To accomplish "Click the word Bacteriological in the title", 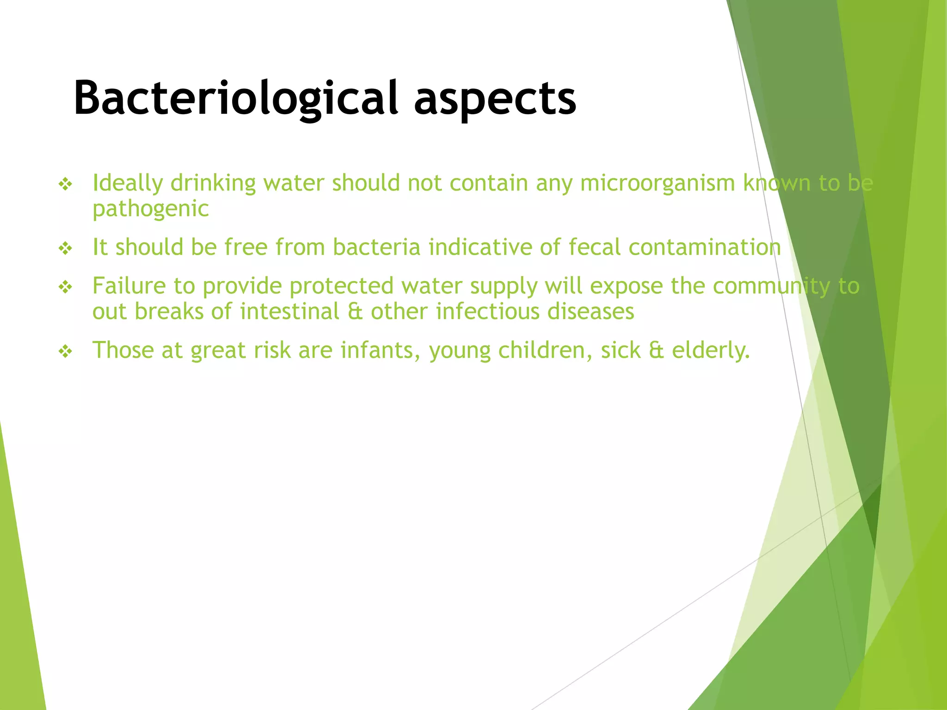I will coord(236,98).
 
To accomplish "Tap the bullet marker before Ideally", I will coord(66,185).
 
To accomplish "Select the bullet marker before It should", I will coord(66,249).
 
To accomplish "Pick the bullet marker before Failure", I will coord(66,288).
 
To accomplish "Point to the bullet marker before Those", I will coord(66,352).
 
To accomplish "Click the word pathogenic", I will coord(150,209).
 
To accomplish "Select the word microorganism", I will coord(657,183).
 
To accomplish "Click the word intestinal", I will coord(289,311).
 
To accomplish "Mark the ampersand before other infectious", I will coord(355,312).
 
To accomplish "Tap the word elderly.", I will coord(710,351).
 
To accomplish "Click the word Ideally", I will coord(127,184).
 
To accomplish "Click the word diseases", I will coord(590,311).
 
